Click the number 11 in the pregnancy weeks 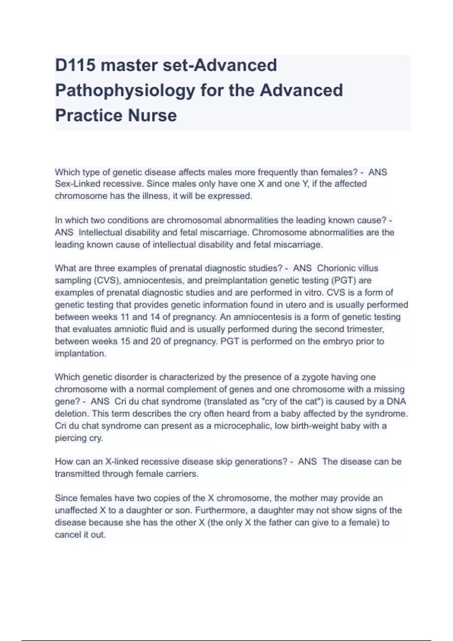point(125,317)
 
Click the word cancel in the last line point(66,535)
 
